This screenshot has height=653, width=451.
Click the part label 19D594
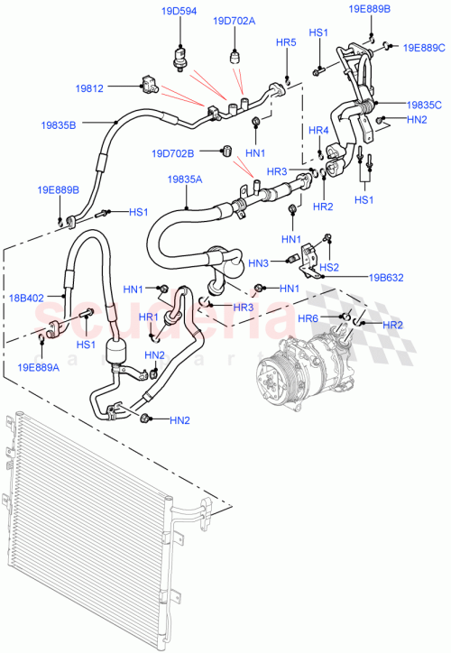(x=178, y=13)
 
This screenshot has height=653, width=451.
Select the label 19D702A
(x=234, y=22)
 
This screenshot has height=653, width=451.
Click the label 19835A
(x=184, y=179)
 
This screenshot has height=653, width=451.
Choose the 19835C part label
(x=423, y=105)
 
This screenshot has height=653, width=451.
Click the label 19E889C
(x=423, y=48)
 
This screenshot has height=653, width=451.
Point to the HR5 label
(x=286, y=42)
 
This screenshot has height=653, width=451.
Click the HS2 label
(x=330, y=267)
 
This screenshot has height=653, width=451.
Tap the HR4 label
(x=318, y=131)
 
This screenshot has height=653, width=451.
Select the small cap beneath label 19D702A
(x=237, y=55)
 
